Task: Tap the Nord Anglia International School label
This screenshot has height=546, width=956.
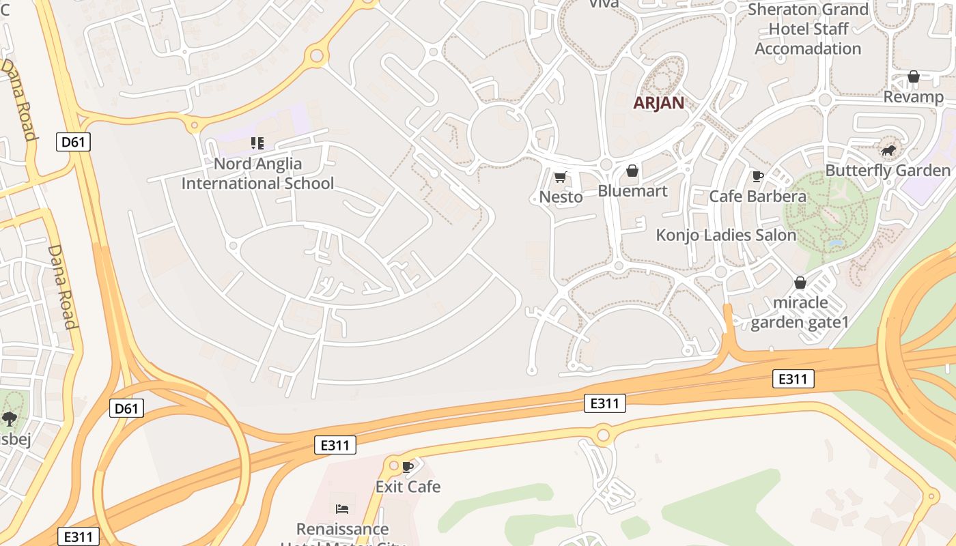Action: [257, 173]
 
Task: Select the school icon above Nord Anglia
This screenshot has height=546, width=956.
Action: [257, 143]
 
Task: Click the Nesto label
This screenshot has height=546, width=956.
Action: [561, 197]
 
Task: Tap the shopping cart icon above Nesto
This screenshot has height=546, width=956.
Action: [561, 177]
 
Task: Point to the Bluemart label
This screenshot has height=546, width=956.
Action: [632, 190]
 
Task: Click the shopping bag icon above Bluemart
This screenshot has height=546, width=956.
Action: [632, 171]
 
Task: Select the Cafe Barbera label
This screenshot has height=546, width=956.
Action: [757, 197]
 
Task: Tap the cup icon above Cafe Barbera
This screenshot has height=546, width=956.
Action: [757, 177]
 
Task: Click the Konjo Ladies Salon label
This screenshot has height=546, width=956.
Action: [726, 235]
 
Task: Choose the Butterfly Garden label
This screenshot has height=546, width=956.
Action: [888, 170]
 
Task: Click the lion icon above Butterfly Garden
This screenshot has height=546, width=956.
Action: [888, 150]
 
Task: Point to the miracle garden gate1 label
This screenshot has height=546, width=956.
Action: [800, 312]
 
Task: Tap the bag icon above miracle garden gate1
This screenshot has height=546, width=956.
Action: [800, 283]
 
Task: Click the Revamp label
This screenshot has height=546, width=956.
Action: [913, 97]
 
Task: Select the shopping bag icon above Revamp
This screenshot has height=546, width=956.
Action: [913, 76]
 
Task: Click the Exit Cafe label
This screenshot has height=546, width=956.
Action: [408, 487]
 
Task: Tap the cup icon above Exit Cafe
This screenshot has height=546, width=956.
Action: [408, 467]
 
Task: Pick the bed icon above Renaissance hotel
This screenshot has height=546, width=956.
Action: [342, 509]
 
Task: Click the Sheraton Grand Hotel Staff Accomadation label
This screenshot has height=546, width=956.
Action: [808, 29]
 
